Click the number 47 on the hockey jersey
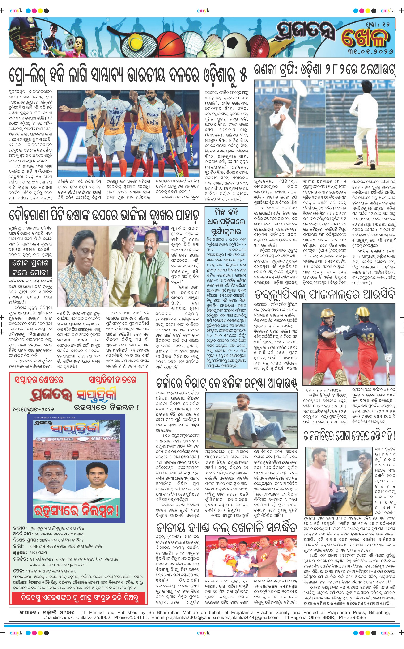point(115,120)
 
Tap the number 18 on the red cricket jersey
point(370,337)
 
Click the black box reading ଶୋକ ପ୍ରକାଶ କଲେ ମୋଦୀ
point(30,268)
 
